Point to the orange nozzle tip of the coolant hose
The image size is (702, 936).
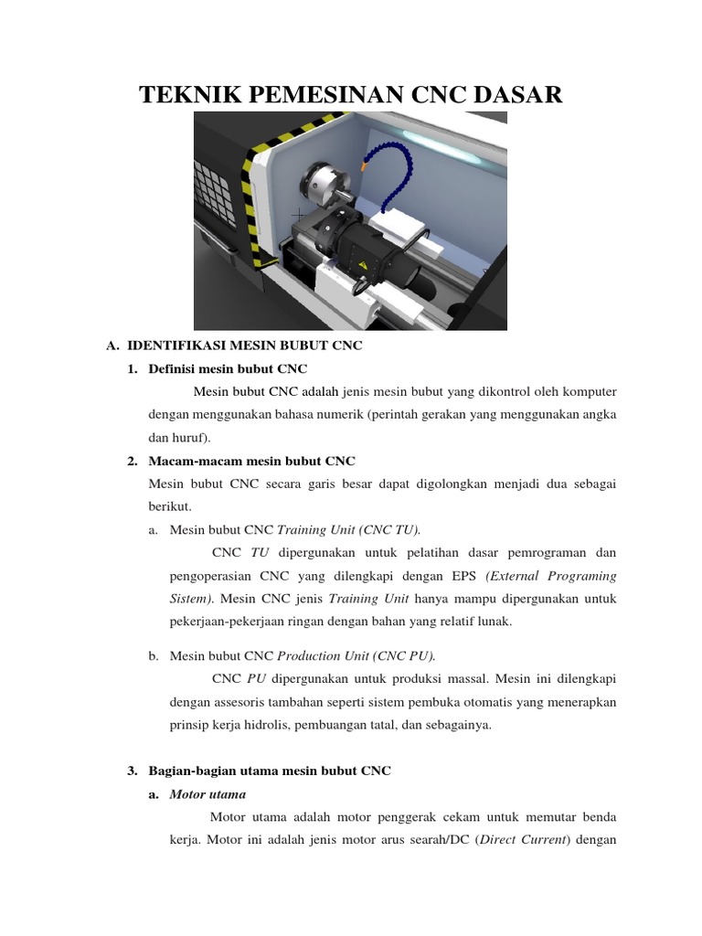(x=365, y=166)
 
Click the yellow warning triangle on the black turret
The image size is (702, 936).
(x=364, y=264)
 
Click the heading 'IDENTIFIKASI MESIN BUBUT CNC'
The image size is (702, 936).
(x=245, y=346)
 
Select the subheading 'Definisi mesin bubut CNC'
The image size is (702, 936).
(x=229, y=368)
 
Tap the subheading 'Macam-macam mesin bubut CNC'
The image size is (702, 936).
(x=251, y=461)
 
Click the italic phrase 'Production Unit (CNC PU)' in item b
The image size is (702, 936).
(x=356, y=655)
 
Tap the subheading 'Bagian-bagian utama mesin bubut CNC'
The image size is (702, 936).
(x=270, y=771)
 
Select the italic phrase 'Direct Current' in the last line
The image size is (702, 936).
(x=521, y=840)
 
